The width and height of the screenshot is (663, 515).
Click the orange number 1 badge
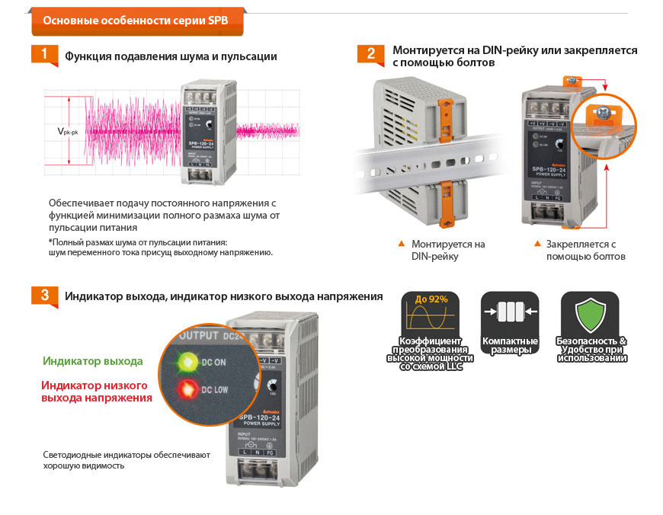pos(45,54)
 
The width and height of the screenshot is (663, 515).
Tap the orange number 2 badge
pos(371,53)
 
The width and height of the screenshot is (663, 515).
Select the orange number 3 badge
pos(45,295)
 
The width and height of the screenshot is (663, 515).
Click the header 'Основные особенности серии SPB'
pos(136,20)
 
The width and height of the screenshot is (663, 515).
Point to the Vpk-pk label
pos(69,131)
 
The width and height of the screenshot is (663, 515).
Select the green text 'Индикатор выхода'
pos(93,360)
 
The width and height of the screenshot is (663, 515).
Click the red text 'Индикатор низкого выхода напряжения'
pos(96,392)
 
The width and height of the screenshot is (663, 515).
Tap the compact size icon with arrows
pos(510,312)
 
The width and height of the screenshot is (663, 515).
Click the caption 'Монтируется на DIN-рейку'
pos(447,250)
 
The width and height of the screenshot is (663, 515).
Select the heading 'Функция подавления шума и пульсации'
pos(171,56)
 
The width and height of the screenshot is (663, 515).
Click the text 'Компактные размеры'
pos(510,345)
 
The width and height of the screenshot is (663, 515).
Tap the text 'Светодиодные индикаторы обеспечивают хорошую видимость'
pos(127,459)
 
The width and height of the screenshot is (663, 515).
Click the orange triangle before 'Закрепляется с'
pos(538,244)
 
